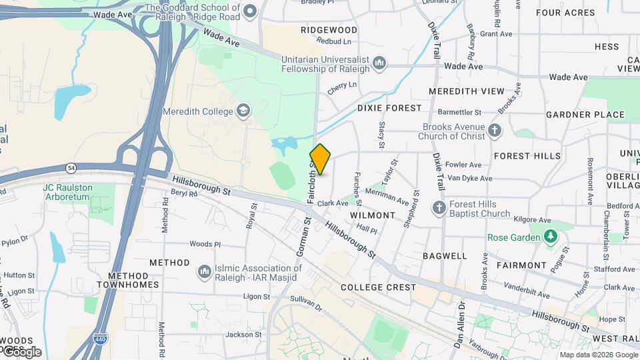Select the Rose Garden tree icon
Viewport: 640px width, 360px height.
coord(550,237)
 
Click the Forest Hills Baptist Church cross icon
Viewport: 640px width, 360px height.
coord(439,209)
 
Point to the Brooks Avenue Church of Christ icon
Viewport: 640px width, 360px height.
coord(494,131)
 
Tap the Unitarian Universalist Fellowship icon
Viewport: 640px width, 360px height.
coord(379,63)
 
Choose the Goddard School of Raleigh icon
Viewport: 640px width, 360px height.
coord(250,10)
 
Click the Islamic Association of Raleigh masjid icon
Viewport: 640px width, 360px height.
coord(204,272)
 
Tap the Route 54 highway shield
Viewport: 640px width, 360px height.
coord(70,167)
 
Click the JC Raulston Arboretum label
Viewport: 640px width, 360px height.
coord(67,188)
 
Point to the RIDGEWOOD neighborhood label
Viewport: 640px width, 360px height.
coord(329,30)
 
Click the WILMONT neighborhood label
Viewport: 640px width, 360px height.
coord(372,215)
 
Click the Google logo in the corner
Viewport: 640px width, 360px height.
coord(21,351)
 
